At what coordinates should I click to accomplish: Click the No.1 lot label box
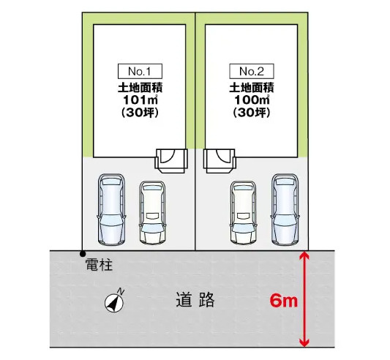[140, 72]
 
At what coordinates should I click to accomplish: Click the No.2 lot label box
[252, 72]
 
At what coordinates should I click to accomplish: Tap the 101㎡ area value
[140, 100]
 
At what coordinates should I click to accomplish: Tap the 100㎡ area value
[252, 100]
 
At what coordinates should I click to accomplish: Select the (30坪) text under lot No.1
[140, 113]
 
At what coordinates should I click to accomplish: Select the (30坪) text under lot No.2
[252, 113]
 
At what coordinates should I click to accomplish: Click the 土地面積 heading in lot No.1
[140, 88]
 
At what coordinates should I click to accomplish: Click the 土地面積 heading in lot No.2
[252, 88]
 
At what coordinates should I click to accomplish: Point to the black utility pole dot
[83, 254]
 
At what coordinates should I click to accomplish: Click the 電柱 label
[99, 264]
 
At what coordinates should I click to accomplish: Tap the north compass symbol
[115, 301]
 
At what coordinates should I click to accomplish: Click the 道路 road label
[195, 300]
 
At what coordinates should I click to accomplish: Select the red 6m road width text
[284, 301]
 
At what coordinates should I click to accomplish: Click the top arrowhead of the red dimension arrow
[304, 255]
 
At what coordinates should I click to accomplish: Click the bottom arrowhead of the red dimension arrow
[304, 342]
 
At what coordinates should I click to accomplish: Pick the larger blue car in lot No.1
[111, 210]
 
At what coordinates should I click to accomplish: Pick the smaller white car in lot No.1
[152, 212]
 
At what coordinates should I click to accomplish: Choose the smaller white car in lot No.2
[243, 212]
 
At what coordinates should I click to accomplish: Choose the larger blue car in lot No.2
[285, 210]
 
